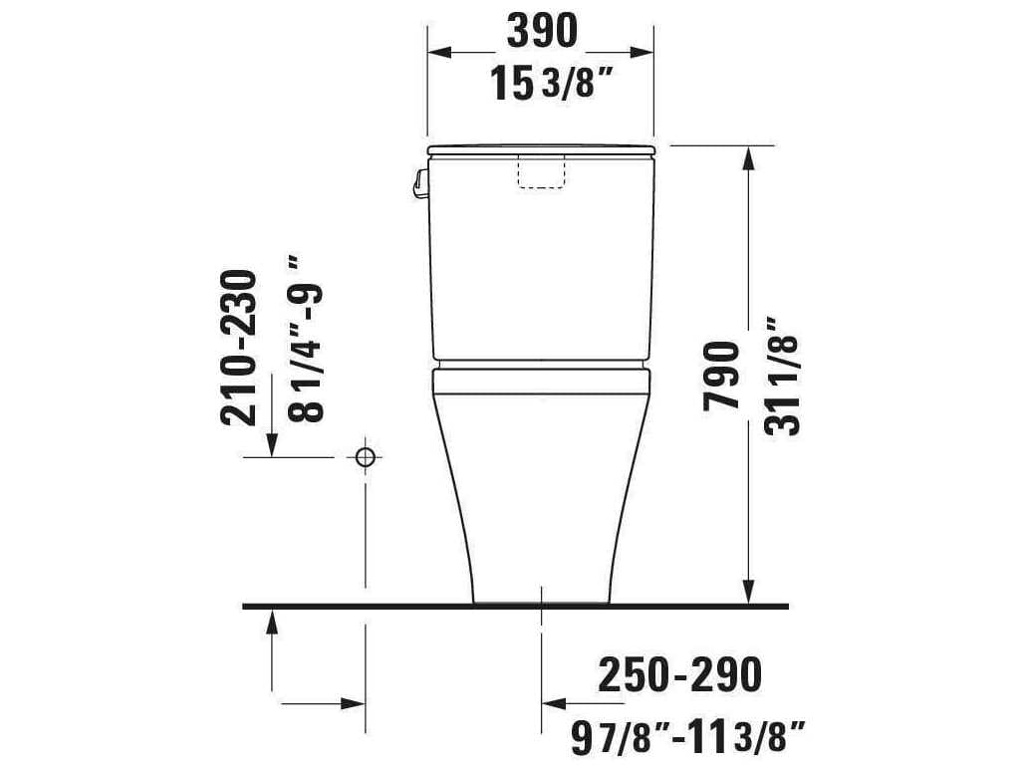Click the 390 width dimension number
(541, 33)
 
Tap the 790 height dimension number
(722, 375)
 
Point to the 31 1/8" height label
(783, 377)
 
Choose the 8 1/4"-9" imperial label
(305, 339)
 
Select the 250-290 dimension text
(679, 675)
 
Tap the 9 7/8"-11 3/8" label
(687, 738)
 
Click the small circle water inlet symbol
(366, 457)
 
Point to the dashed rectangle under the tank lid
(541, 171)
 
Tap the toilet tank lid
(541, 150)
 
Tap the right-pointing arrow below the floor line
(355, 701)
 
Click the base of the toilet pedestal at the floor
(541, 598)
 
